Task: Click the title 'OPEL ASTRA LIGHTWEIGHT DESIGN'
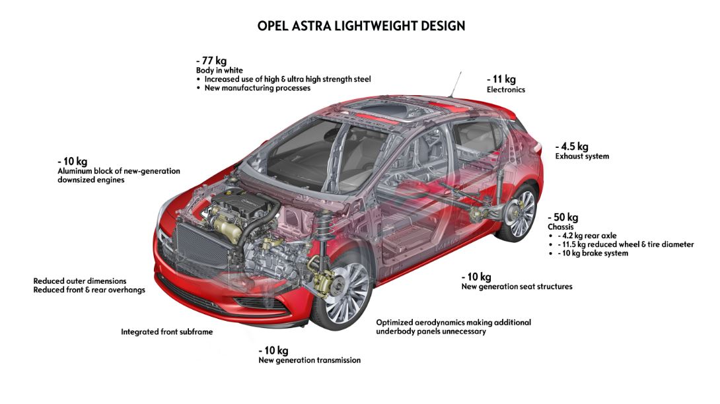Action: pyautogui.click(x=361, y=26)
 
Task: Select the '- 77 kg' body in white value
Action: pyautogui.click(x=211, y=61)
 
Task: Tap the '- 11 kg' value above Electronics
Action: pyautogui.click(x=501, y=79)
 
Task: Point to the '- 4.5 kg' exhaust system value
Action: pyautogui.click(x=571, y=147)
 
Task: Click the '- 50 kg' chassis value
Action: pyautogui.click(x=563, y=217)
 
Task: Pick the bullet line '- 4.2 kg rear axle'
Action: pyautogui.click(x=587, y=236)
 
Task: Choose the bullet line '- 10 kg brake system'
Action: pyautogui.click(x=593, y=253)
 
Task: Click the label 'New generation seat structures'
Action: pyautogui.click(x=517, y=286)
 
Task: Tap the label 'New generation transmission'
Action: pyautogui.click(x=310, y=360)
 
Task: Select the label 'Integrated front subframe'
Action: pyautogui.click(x=167, y=331)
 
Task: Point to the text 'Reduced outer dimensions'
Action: pyautogui.click(x=80, y=281)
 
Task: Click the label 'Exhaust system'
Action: pyautogui.click(x=582, y=156)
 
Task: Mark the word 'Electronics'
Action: pyautogui.click(x=506, y=90)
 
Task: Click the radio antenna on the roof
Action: pyautogui.click(x=456, y=84)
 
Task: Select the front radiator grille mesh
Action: pyautogui.click(x=200, y=251)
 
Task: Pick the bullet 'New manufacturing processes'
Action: pyautogui.click(x=258, y=88)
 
